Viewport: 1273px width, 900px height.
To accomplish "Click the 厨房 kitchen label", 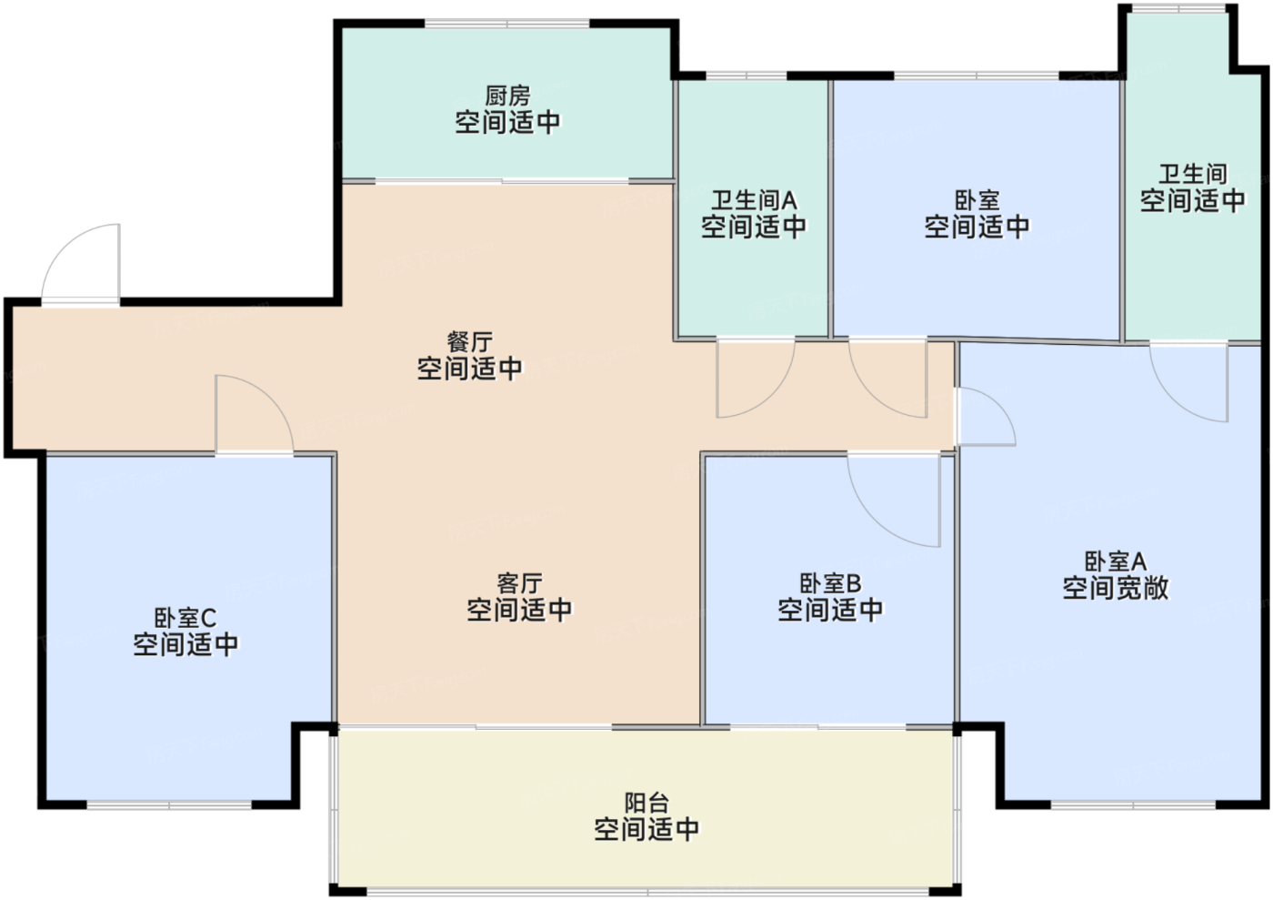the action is (507, 96).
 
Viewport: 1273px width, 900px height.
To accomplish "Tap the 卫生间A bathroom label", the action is (754, 200).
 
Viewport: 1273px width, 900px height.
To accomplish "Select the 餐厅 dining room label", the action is (469, 342).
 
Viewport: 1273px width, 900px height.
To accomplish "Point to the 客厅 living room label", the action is (519, 583).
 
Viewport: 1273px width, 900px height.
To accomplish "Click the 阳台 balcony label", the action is (647, 803).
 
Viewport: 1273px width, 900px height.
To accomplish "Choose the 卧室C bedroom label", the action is (185, 618).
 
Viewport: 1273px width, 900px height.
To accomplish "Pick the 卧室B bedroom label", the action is (830, 583).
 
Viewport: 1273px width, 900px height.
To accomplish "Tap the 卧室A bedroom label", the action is (1116, 561).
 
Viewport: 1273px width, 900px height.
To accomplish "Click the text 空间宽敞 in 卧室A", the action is (1116, 588).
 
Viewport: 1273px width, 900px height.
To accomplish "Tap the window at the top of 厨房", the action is (507, 24).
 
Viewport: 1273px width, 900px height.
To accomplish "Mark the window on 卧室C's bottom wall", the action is (169, 804).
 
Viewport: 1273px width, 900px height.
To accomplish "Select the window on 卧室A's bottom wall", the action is (1133, 804).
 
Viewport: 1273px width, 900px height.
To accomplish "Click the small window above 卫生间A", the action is (747, 76).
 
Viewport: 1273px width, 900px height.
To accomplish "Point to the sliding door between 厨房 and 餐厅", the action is (502, 181).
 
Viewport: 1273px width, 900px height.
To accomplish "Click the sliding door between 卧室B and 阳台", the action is (817, 726).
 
